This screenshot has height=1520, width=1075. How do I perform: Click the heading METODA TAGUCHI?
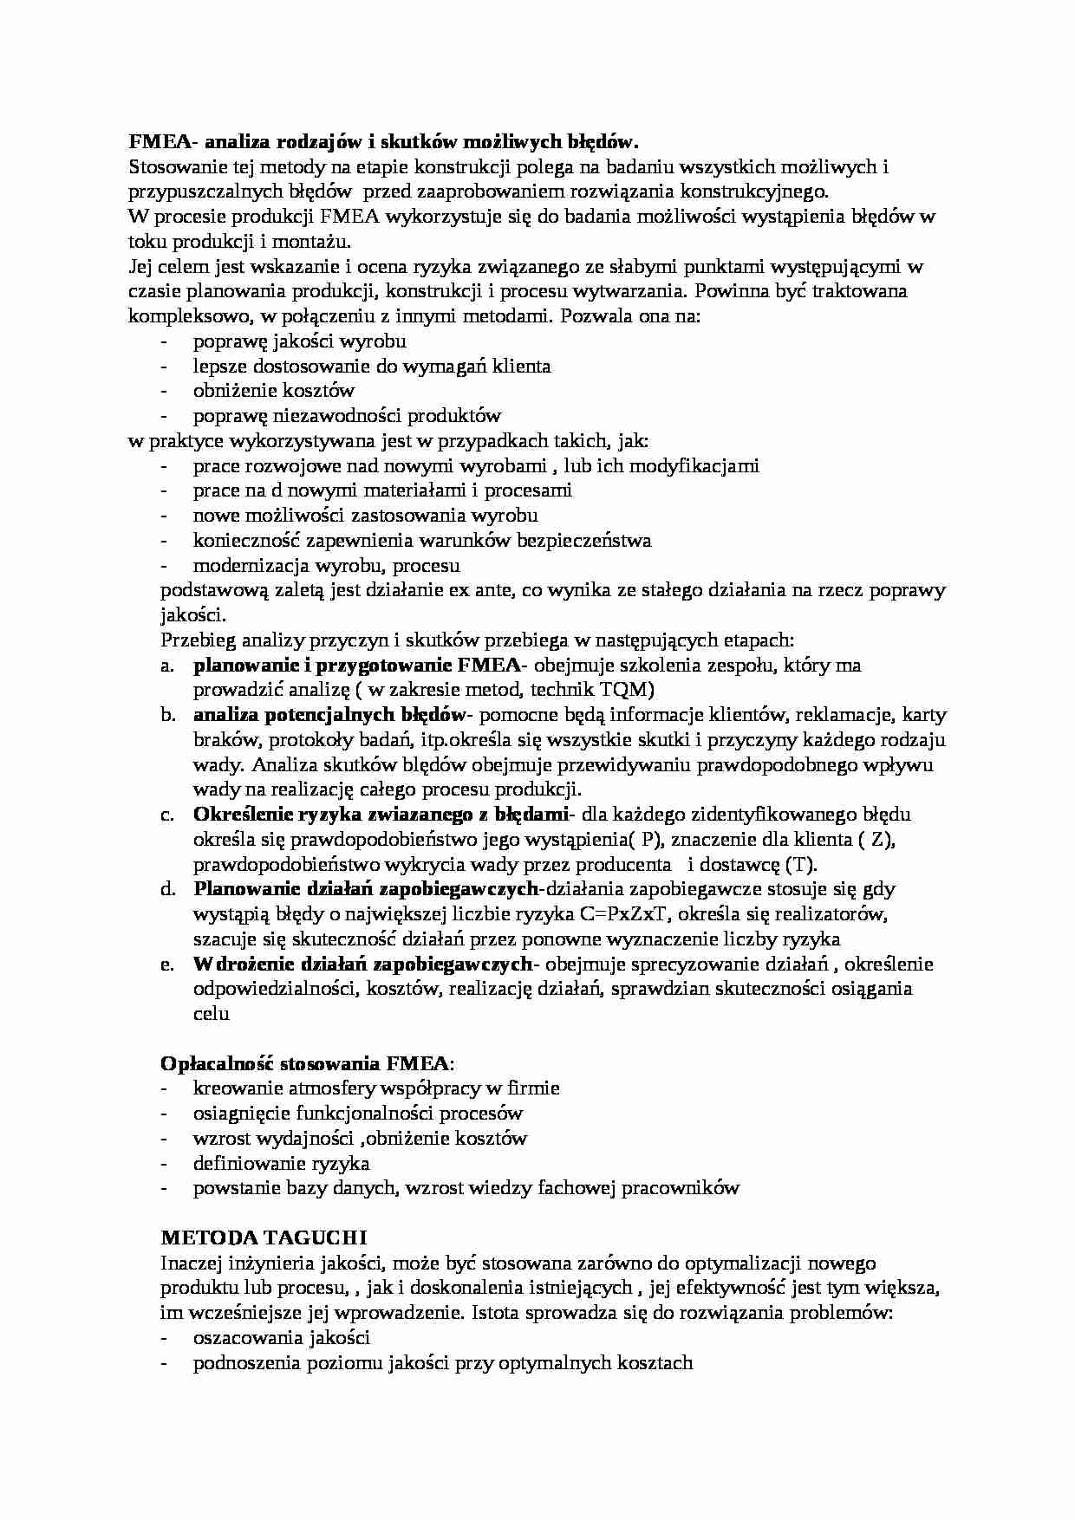tap(264, 1237)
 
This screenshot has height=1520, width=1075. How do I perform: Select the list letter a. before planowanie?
tap(167, 666)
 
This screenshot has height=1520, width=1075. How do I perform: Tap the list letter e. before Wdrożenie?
tap(167, 965)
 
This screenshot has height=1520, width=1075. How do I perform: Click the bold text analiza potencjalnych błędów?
tap(329, 715)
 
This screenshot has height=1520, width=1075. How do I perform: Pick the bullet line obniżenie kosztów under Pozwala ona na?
tap(274, 391)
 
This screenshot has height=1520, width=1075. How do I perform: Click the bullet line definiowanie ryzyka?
tap(281, 1163)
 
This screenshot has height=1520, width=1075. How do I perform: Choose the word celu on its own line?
tap(211, 1014)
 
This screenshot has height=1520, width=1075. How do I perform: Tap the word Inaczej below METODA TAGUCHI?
tap(192, 1263)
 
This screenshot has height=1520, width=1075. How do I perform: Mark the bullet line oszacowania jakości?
tap(282, 1338)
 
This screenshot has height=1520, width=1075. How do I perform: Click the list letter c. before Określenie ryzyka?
tap(167, 815)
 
